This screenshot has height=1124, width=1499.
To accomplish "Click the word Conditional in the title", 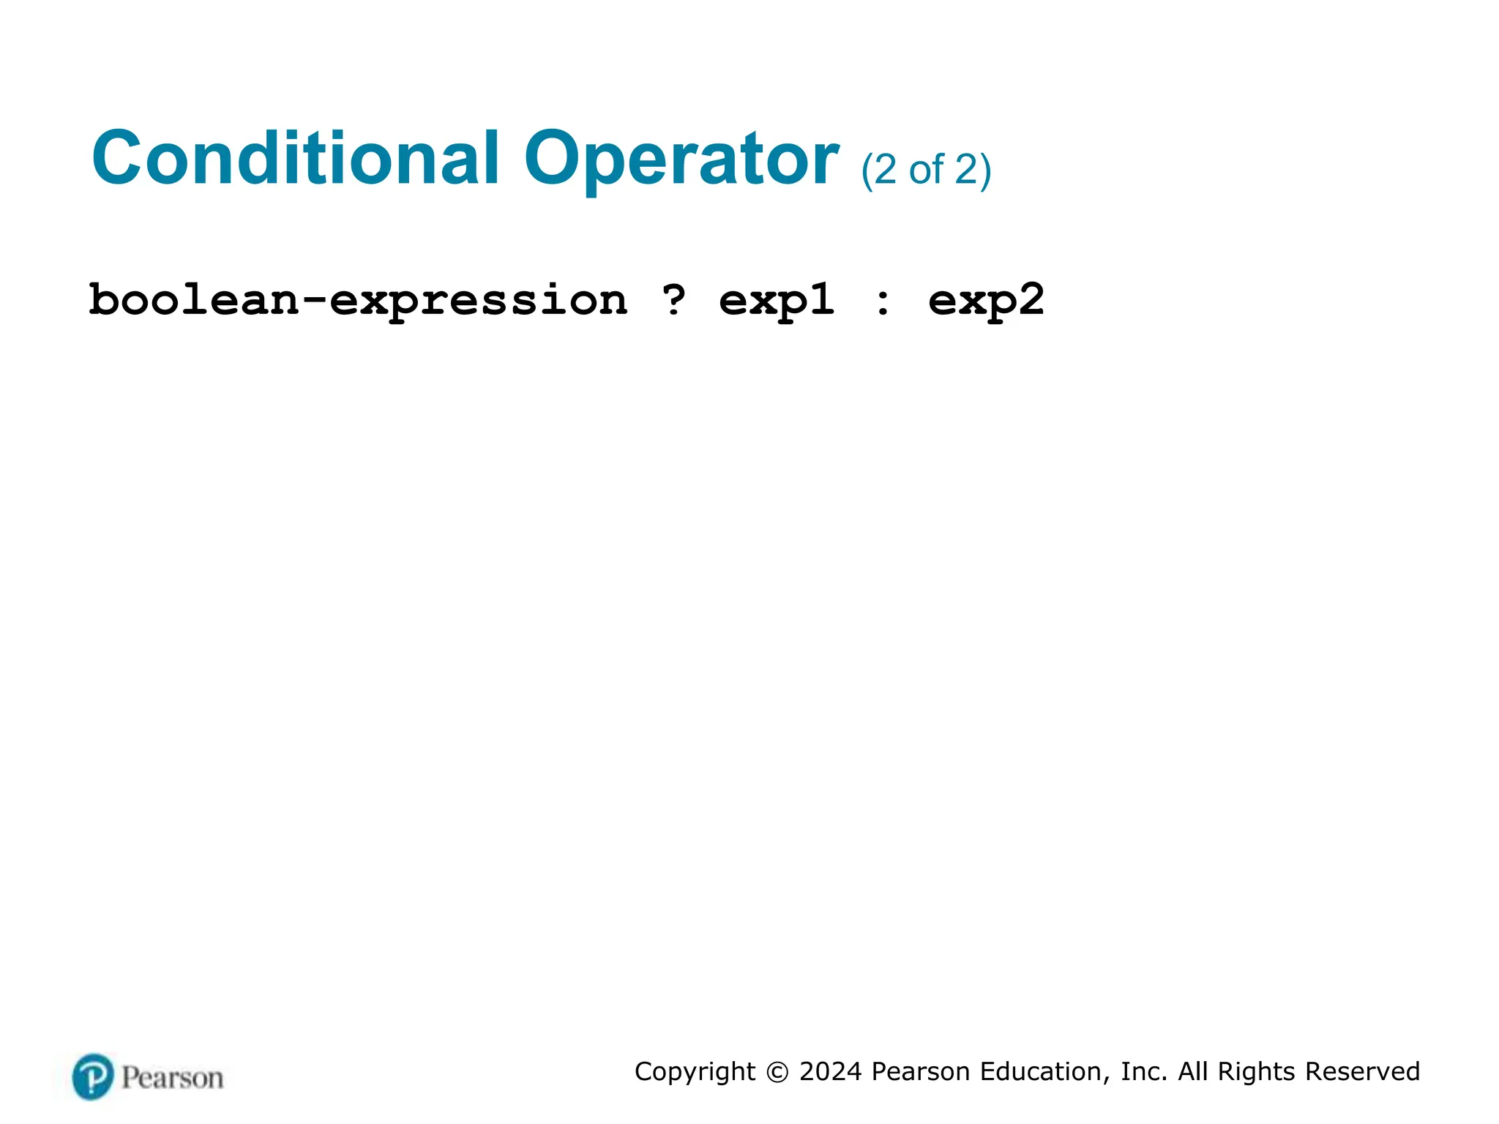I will [295, 158].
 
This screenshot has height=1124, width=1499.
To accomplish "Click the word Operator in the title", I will [681, 160].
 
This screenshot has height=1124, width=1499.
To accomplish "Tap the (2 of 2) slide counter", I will [926, 171].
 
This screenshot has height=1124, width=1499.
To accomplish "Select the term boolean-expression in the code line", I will [358, 301].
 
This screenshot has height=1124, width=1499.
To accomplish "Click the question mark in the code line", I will [673, 299].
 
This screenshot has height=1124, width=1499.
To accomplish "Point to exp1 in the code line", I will [777, 301].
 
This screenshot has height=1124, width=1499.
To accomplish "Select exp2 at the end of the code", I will [986, 301].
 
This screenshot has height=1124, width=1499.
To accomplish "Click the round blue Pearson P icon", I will [93, 1076].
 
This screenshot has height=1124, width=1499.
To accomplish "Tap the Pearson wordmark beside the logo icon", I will [172, 1078].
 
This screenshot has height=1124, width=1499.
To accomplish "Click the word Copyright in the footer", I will [694, 1071].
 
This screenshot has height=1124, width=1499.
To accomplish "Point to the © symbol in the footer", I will [777, 1072].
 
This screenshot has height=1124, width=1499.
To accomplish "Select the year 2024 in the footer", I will [830, 1071].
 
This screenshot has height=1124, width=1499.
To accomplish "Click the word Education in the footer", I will [1040, 1071].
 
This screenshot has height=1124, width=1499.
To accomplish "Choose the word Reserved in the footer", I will [1362, 1071].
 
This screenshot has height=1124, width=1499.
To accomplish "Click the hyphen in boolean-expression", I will [314, 301].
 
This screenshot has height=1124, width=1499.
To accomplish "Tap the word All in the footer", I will [1192, 1071].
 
